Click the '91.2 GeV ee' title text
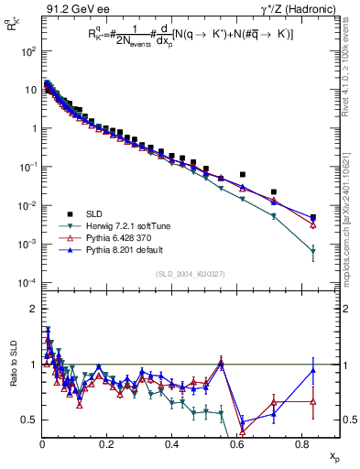click(x=70, y=8)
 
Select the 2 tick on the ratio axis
click(x=31, y=309)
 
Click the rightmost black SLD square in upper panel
click(x=313, y=218)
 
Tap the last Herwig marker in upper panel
click(x=313, y=250)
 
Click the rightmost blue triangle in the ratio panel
click(x=313, y=371)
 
